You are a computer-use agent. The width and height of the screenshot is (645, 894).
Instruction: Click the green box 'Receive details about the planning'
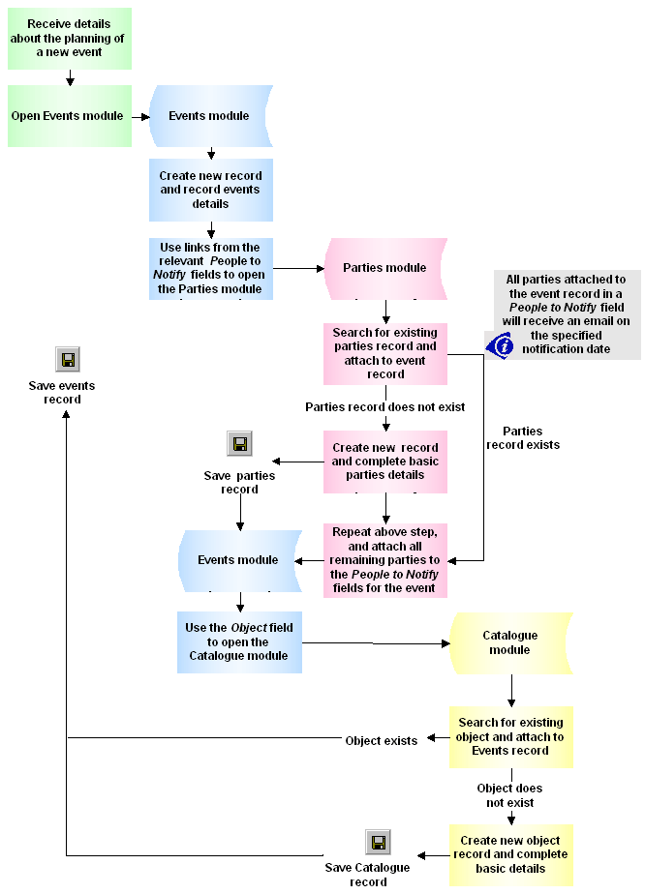click(69, 38)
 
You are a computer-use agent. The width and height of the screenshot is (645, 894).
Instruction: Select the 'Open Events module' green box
click(69, 116)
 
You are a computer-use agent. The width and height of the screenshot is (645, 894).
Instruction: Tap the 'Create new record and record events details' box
click(210, 191)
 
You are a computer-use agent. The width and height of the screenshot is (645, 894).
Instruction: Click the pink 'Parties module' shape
click(384, 268)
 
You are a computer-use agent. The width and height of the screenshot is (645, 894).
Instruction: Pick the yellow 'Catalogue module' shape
click(509, 642)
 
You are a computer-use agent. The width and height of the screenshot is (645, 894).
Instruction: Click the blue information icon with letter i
click(499, 344)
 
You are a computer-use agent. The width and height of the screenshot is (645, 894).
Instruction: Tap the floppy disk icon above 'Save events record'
click(68, 360)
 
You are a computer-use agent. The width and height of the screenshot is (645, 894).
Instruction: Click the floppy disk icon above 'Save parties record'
click(239, 444)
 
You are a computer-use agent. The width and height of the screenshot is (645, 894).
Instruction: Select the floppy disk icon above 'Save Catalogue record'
click(378, 841)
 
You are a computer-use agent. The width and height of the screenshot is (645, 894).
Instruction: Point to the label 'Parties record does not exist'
click(385, 407)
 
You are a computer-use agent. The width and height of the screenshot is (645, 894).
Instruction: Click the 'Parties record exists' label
click(523, 438)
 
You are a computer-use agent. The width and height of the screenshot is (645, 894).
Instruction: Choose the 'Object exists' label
click(382, 741)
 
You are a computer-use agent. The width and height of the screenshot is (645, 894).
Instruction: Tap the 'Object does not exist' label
click(509, 795)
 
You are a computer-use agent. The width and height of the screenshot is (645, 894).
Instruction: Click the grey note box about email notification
click(567, 313)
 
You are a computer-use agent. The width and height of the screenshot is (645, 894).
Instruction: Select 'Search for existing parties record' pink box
click(385, 353)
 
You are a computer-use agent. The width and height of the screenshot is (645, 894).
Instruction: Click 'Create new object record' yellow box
click(510, 854)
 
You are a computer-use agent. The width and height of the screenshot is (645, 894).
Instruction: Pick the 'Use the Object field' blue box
click(239, 641)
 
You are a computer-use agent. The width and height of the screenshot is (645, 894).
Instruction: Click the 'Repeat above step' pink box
click(385, 560)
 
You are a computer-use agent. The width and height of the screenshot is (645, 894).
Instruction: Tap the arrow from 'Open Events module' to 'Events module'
click(140, 116)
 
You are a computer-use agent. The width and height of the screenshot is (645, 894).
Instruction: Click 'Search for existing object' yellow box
click(510, 736)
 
